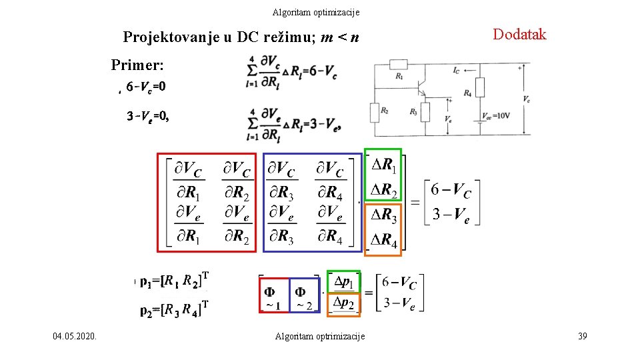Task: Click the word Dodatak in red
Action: click(519, 35)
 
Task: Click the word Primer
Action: click(138, 65)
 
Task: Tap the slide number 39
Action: click(582, 337)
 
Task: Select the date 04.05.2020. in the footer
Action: click(75, 337)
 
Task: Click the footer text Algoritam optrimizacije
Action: click(320, 337)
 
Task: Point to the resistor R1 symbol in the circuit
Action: click(399, 65)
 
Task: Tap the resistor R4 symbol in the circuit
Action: click(479, 87)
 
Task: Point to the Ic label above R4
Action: click(456, 69)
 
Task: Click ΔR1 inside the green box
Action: click(383, 165)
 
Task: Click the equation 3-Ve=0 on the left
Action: click(148, 116)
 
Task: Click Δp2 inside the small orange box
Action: click(344, 303)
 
